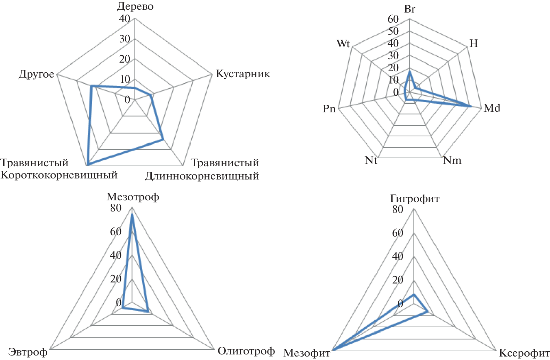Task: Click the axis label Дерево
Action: click(135, 7)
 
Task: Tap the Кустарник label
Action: click(243, 74)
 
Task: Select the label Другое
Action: click(37, 74)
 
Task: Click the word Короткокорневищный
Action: click(59, 175)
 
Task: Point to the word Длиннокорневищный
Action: click(202, 176)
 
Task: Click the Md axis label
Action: click(492, 108)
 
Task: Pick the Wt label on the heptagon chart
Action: click(343, 44)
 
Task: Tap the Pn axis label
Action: click(329, 109)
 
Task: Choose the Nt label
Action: click(371, 160)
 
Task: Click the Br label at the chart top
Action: click(410, 9)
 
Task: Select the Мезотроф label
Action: click(133, 197)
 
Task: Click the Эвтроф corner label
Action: click(28, 352)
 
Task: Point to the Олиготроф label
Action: click(246, 351)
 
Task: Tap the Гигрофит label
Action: click(415, 199)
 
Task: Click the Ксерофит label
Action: click(524, 353)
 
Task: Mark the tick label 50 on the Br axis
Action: click(393, 31)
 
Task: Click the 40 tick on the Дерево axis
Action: click(125, 18)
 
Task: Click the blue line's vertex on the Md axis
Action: click(471, 106)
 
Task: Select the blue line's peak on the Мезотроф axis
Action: click(132, 214)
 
